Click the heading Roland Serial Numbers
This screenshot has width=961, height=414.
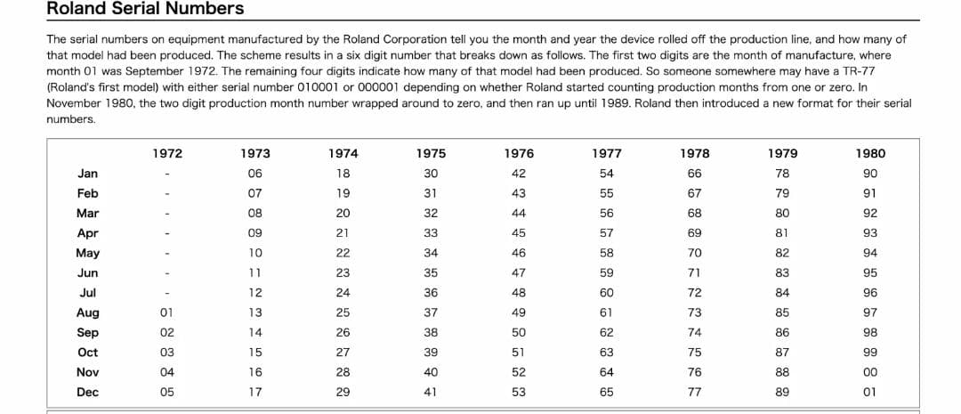click(x=145, y=9)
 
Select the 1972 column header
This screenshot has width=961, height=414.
click(x=167, y=154)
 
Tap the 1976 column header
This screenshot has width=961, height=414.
click(x=519, y=154)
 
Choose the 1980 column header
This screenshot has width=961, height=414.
click(x=870, y=154)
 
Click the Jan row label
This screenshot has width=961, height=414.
click(x=87, y=174)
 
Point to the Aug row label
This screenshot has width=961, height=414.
click(x=87, y=313)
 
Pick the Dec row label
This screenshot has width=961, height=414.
click(x=87, y=392)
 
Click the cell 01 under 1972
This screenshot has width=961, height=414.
click(x=167, y=313)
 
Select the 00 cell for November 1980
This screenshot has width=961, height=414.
click(x=870, y=372)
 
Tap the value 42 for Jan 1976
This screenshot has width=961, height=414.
click(x=519, y=174)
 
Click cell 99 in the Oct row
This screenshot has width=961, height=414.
click(x=870, y=353)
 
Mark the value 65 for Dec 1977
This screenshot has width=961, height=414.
click(x=607, y=392)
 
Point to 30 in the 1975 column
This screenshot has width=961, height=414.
click(x=431, y=174)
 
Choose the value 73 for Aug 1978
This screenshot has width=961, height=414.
click(x=694, y=313)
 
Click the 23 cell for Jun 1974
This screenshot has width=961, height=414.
click(x=343, y=273)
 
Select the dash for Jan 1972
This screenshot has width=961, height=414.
click(x=167, y=175)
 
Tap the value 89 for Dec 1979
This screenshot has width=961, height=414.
click(x=783, y=392)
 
